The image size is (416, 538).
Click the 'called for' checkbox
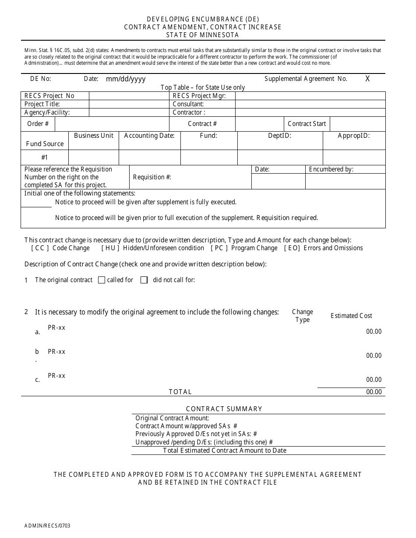click(102, 280)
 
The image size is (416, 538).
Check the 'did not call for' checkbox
click(144, 280)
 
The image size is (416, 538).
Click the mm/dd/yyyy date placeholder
click(126, 79)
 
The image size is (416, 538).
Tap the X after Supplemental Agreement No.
click(367, 79)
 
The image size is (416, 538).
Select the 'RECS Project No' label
click(49, 96)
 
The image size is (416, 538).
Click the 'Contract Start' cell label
click(307, 124)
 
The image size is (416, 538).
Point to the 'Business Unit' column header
click(94, 136)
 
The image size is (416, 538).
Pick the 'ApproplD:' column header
click(354, 136)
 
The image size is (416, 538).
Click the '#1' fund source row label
click(45, 157)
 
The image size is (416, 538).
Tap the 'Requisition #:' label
click(152, 177)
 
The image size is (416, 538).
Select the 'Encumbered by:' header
click(331, 169)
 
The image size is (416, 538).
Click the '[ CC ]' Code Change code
click(40, 248)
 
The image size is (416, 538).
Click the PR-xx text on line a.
click(56, 328)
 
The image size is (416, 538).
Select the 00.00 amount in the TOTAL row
click(374, 392)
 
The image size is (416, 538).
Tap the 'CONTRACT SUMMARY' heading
click(224, 409)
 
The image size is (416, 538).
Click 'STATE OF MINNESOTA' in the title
click(203, 35)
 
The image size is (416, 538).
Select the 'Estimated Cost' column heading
click(351, 316)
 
